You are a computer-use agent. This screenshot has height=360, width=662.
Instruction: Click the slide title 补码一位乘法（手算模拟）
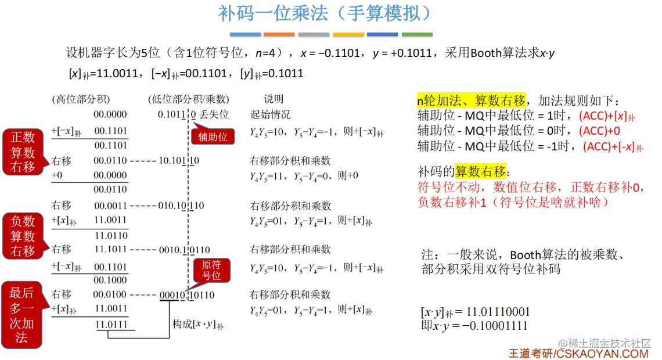tap(325, 14)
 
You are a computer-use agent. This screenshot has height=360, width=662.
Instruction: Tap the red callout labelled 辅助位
tap(213, 137)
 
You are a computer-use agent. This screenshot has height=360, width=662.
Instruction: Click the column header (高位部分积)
tap(81, 99)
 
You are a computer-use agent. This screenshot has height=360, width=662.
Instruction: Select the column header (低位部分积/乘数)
tap(188, 99)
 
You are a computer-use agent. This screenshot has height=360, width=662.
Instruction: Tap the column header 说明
tap(274, 99)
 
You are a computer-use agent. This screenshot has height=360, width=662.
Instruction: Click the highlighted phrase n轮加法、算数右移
tap(472, 100)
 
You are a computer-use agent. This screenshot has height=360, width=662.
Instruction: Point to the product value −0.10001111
tap(494, 326)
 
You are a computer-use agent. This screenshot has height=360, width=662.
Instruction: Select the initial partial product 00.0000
tap(110, 114)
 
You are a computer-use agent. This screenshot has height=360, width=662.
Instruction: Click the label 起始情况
tap(270, 114)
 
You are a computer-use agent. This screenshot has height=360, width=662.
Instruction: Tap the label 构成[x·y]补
tap(197, 324)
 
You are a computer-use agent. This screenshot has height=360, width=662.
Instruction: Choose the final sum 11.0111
tap(111, 325)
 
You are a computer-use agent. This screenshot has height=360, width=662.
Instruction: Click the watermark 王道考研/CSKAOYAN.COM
tap(578, 353)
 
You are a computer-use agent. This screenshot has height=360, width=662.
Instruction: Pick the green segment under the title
tap(417, 35)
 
